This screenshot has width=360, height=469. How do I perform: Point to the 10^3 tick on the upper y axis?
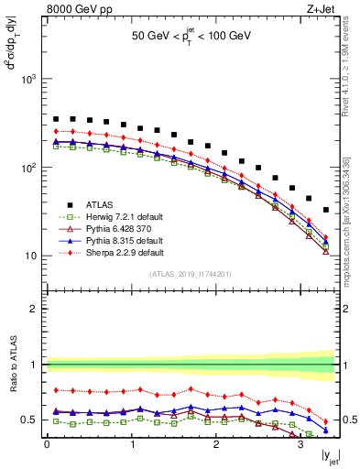(32, 80)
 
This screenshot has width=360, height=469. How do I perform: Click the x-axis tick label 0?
(47, 446)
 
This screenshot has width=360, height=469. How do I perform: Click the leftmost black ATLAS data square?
(56, 119)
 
